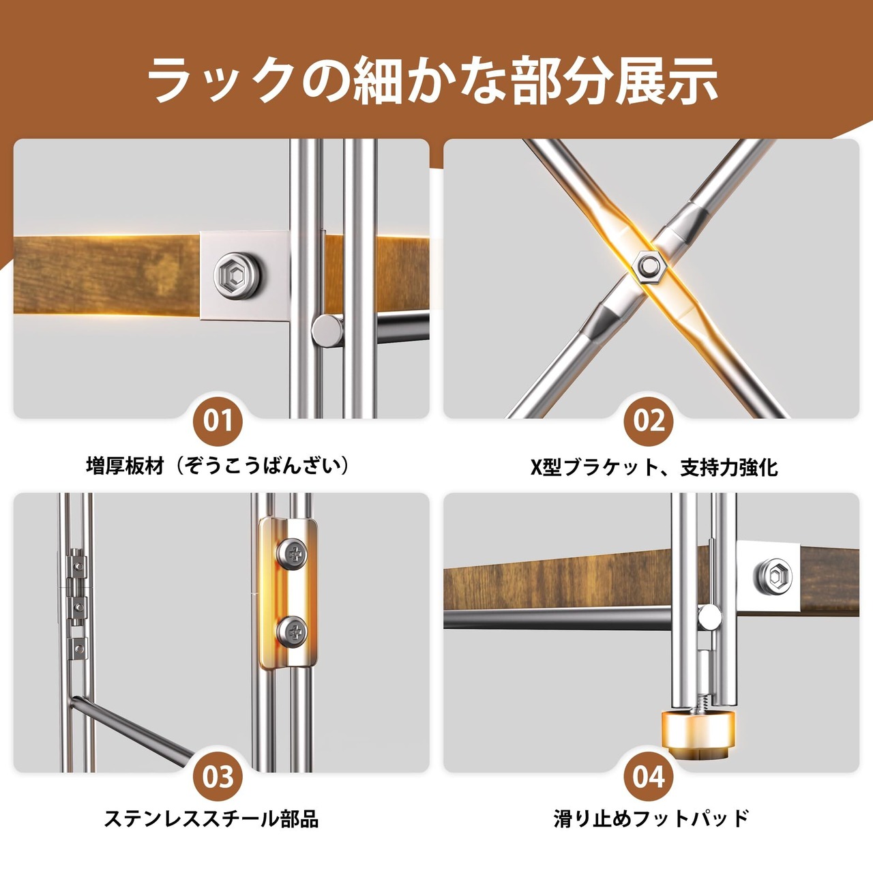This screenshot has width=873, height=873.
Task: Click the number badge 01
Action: click(218, 421)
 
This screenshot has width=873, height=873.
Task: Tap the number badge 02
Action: click(649, 421)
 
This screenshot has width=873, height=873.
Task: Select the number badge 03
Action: click(218, 777)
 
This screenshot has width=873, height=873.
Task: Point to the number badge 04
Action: click(649, 777)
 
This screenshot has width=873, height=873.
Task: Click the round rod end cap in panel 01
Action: click(327, 331)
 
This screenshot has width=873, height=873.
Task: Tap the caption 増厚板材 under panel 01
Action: click(125, 467)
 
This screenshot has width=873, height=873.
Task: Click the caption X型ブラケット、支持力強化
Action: click(654, 467)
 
